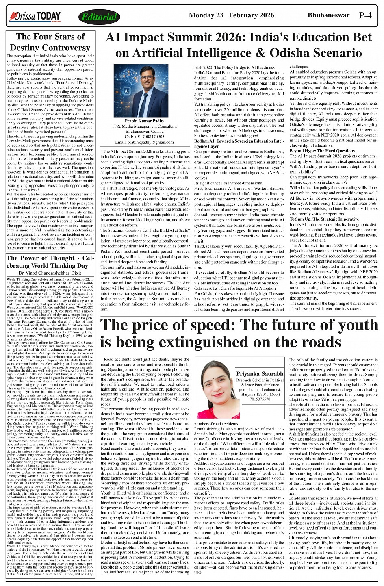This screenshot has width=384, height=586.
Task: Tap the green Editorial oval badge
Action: pyautogui.click(x=99, y=17)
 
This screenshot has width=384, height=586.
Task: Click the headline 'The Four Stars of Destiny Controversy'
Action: pyautogui.click(x=50, y=42)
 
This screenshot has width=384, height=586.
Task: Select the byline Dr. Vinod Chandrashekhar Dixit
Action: pyautogui.click(x=50, y=273)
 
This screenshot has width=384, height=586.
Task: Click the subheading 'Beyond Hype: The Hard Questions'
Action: pyautogui.click(x=322, y=151)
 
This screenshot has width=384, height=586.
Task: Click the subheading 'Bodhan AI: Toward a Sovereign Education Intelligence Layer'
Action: pyautogui.click(x=239, y=143)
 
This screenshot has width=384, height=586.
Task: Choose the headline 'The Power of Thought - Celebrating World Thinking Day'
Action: pyautogui.click(x=50, y=262)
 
